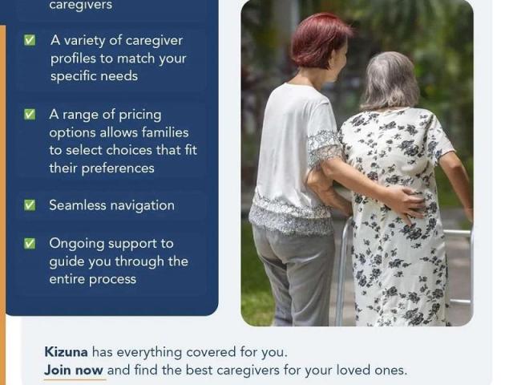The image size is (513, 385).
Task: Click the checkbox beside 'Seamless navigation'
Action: [x=30, y=205]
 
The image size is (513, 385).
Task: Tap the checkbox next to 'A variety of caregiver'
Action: [x=30, y=40]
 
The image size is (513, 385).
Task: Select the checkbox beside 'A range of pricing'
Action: [x=30, y=114]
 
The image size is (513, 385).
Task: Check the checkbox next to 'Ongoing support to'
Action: [x=30, y=243]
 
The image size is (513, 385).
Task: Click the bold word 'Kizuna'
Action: [x=66, y=352]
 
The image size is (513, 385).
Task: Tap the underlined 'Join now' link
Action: [x=74, y=371]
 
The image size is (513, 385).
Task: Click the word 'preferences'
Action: [x=118, y=168]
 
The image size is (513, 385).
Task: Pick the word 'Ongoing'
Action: [x=77, y=244]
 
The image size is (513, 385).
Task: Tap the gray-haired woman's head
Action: [x=390, y=81]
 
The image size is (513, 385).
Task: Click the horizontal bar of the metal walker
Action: [x=458, y=233]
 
